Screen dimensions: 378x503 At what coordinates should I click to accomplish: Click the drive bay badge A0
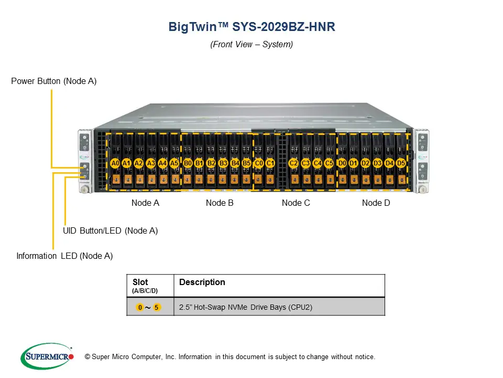point(115,163)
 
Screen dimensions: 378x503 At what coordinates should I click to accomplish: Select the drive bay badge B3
point(223,163)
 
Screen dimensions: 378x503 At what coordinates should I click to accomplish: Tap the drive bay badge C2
point(293,163)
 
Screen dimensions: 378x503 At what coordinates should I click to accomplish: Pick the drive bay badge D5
point(401,163)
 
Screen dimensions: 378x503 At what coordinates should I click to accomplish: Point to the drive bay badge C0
point(258,163)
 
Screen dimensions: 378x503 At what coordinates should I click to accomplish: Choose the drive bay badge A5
point(174,163)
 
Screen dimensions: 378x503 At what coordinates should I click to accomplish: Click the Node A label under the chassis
point(145,203)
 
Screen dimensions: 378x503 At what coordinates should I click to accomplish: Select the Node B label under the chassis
point(220,203)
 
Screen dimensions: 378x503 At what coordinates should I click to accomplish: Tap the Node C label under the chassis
point(296,203)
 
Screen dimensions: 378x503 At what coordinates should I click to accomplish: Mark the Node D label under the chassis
point(376,203)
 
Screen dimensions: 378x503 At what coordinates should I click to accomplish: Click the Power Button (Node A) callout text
point(54,81)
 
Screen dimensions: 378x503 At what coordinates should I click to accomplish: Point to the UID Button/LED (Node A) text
point(110,230)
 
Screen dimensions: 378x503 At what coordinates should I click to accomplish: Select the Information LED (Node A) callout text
point(64,256)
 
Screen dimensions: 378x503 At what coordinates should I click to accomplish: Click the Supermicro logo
point(47,356)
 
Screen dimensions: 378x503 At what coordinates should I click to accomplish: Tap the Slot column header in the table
point(140,282)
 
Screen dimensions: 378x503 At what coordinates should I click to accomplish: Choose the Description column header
point(202,282)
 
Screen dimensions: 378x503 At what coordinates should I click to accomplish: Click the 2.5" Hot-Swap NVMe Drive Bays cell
point(246,307)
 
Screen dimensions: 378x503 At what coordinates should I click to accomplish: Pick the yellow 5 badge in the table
point(157,307)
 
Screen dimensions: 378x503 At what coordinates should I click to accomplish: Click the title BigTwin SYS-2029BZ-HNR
point(251,27)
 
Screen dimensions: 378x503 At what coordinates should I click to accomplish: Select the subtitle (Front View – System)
point(251,44)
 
